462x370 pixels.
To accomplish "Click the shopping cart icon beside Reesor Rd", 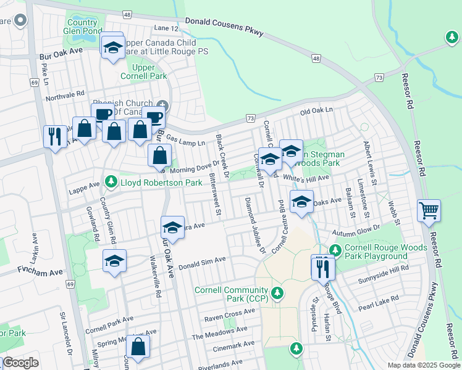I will [429, 211].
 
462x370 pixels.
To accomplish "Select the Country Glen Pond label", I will [83, 27].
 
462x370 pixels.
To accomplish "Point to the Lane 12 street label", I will [166, 28].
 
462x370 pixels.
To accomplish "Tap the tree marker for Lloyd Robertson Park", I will [111, 181].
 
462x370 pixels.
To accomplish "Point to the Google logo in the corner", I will [21, 363].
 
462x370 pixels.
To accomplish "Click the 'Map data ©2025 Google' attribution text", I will [423, 365].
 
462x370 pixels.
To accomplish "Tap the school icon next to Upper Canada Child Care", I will [113, 47].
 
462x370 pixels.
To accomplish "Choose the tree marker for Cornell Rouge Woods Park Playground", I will [335, 250].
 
